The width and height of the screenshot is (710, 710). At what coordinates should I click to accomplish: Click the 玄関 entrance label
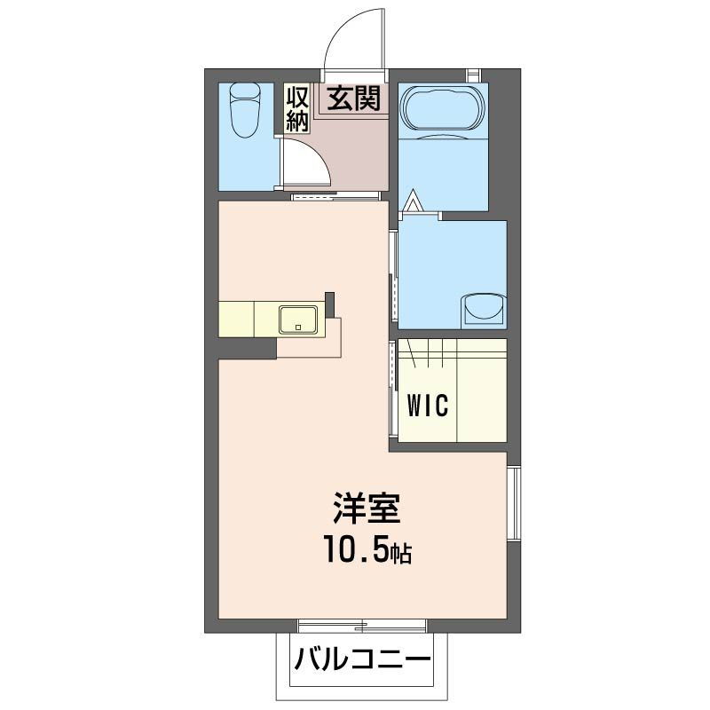coord(355,99)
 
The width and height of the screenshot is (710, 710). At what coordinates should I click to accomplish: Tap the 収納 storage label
coord(296,108)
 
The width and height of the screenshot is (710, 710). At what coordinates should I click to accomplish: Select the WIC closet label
coord(428,406)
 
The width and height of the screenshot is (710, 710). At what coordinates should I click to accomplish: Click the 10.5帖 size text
coord(366,552)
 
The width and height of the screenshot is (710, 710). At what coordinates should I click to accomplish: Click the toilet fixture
coord(244,109)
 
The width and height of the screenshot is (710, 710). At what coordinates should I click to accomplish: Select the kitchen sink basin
coord(298,319)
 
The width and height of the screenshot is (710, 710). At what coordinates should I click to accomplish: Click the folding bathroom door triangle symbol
coord(412,201)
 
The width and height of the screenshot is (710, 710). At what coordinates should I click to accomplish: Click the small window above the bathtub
coord(473,75)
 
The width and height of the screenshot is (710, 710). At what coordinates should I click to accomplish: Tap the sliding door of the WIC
coord(392,388)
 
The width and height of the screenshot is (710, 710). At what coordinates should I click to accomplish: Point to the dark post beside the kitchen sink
coord(330,304)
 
